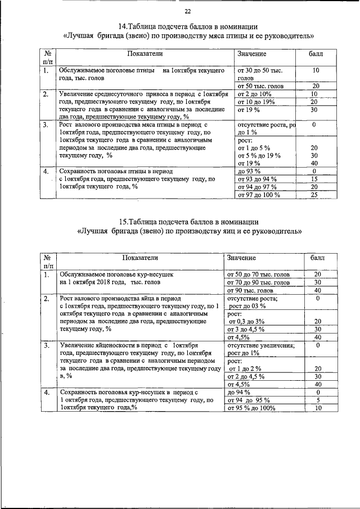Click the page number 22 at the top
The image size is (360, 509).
coord(187,12)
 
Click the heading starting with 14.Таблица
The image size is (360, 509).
coord(188,26)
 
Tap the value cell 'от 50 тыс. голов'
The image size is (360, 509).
coord(260,86)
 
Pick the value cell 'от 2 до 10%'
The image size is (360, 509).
coord(255,94)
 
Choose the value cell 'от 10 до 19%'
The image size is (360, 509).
coord(256,102)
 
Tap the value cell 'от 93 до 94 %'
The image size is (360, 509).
coord(258,179)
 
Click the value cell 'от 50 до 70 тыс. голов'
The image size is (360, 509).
coord(258,274)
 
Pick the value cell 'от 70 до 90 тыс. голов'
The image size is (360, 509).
coord(258,282)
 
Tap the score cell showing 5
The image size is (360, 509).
coord(318,400)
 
